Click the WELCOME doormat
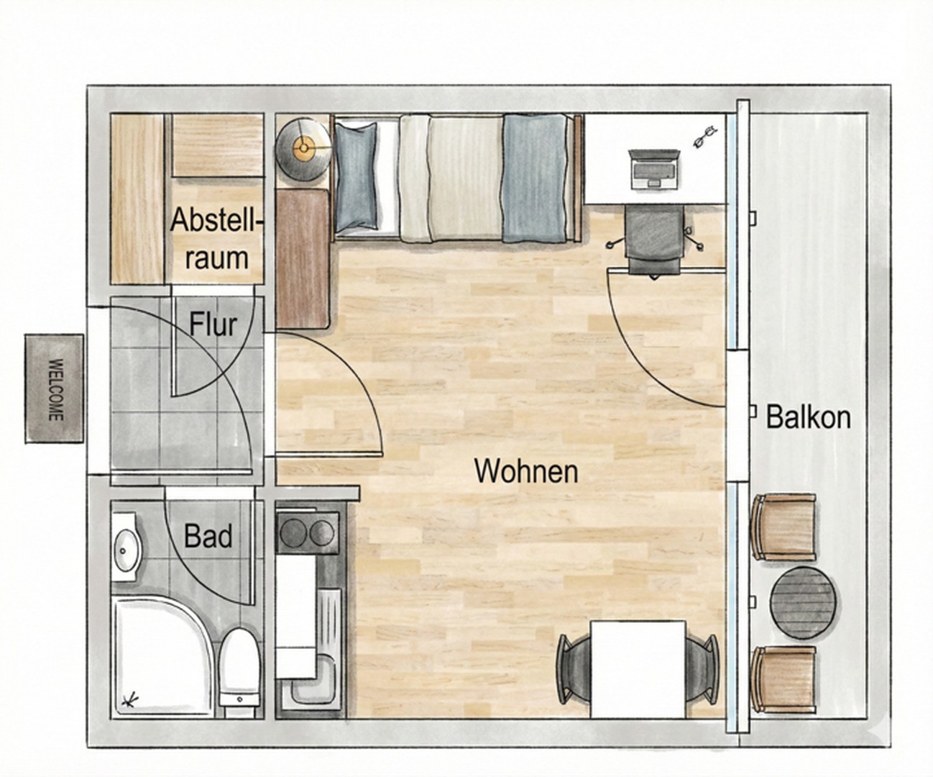pyautogui.click(x=55, y=388)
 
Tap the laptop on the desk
pyautogui.click(x=653, y=170)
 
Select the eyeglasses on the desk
pyautogui.click(x=705, y=136)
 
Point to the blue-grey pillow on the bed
pyautogui.click(x=356, y=176)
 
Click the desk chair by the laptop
pyautogui.click(x=653, y=240)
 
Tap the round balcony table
pyautogui.click(x=804, y=602)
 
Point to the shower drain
pyautogui.click(x=131, y=699)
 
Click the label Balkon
pyautogui.click(x=808, y=417)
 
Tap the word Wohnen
pyautogui.click(x=526, y=471)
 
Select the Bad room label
pyautogui.click(x=208, y=536)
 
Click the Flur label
pyautogui.click(x=213, y=324)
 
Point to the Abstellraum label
pyautogui.click(x=214, y=238)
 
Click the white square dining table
pyautogui.click(x=637, y=668)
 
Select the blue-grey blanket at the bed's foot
pyautogui.click(x=534, y=178)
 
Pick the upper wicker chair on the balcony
pyautogui.click(x=784, y=527)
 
